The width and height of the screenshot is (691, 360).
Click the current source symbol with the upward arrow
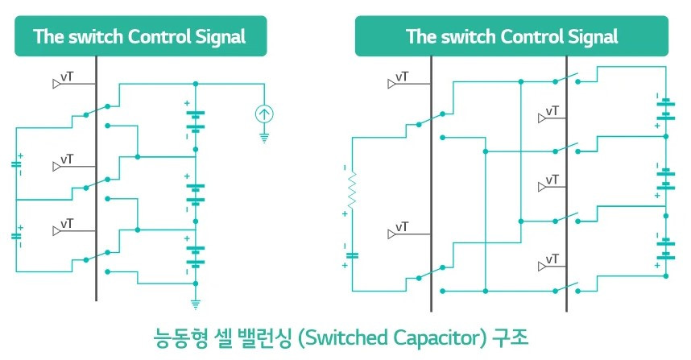tap(263, 115)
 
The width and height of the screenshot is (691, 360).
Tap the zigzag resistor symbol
tap(351, 193)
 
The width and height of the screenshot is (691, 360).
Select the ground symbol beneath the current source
tap(263, 138)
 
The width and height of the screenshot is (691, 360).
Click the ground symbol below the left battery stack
tap(195, 304)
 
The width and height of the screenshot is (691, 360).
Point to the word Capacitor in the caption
tap(434, 333)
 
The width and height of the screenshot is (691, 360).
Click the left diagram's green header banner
tap(140, 37)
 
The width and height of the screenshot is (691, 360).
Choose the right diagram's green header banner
tap(513, 37)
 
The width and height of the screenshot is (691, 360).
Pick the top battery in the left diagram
tap(195, 120)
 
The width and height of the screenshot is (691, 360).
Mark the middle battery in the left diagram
tap(195, 192)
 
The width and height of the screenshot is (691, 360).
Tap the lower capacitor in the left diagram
tap(16, 236)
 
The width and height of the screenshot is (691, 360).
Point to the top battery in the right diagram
tap(666, 114)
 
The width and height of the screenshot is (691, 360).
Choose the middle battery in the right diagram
tap(666, 178)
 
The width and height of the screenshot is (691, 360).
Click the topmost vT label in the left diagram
tap(67, 77)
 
